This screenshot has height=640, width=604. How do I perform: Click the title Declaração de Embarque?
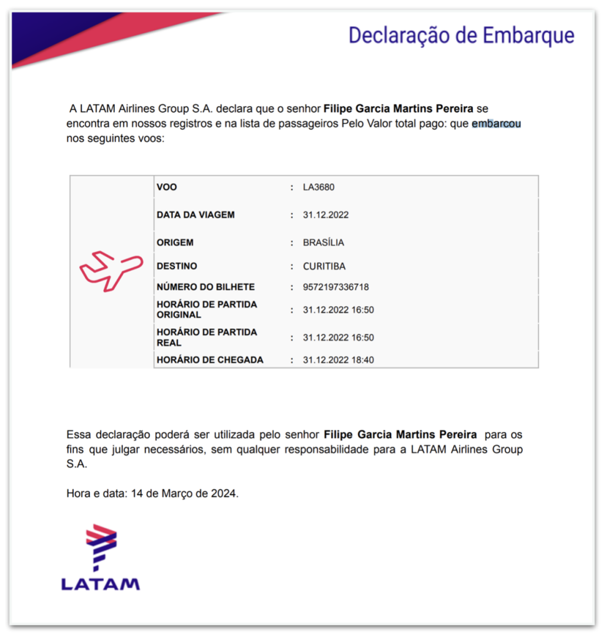pyautogui.click(x=461, y=35)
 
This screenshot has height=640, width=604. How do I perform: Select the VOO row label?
pyautogui.click(x=167, y=187)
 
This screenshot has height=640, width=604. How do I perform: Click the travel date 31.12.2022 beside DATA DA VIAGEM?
pyautogui.click(x=325, y=215)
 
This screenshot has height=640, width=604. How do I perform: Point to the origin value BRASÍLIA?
pyautogui.click(x=324, y=242)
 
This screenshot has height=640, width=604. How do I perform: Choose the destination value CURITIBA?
pyautogui.click(x=324, y=266)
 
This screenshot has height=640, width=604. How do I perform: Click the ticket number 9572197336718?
pyautogui.click(x=335, y=287)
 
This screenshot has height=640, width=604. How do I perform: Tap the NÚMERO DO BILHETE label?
pyautogui.click(x=205, y=287)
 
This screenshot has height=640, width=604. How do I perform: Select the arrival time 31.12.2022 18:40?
pyautogui.click(x=338, y=360)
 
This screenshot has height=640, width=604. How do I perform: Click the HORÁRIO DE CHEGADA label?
pyautogui.click(x=210, y=360)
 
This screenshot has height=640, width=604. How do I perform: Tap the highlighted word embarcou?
pyautogui.click(x=496, y=124)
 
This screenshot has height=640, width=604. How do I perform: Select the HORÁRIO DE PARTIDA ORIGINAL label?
pyautogui.click(x=207, y=309)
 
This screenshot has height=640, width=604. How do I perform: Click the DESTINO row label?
pyautogui.click(x=177, y=266)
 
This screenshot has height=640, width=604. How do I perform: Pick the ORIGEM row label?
pyautogui.click(x=175, y=242)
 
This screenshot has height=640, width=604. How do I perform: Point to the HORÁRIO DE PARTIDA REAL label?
pyautogui.click(x=207, y=337)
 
